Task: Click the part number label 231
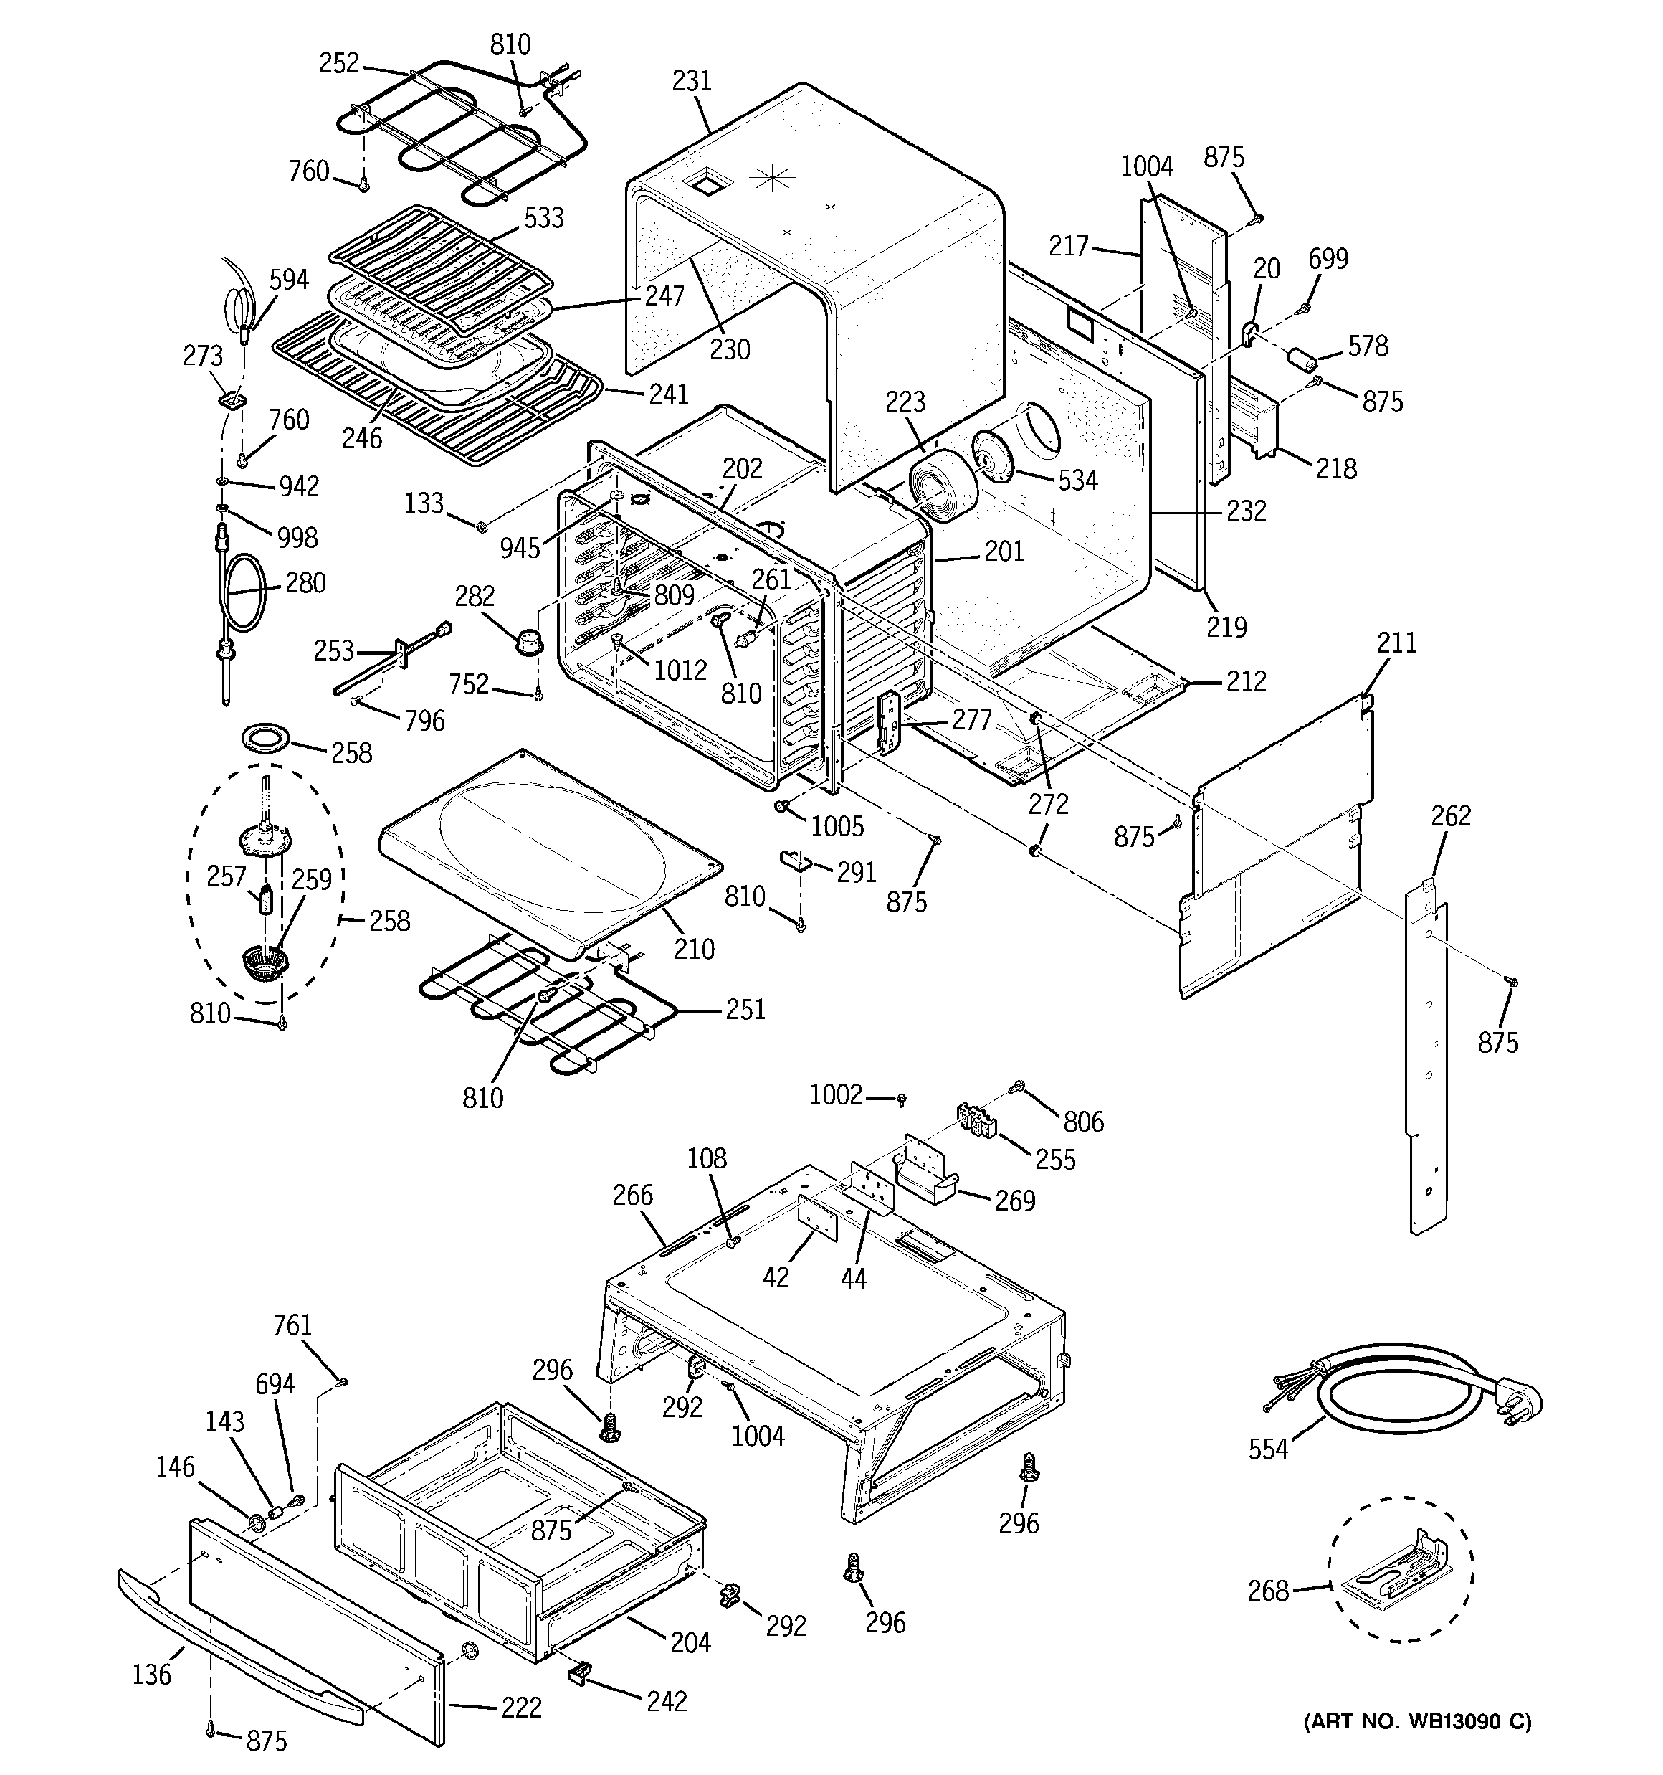coord(692,81)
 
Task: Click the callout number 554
coord(1267,1449)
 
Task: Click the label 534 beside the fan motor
coord(1077,481)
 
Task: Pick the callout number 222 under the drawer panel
coord(520,1708)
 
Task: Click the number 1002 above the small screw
coord(836,1094)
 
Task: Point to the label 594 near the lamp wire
coord(288,280)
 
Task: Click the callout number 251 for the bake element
coord(745,1009)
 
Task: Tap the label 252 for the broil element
coord(339,62)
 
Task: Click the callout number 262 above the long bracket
coord(1451,815)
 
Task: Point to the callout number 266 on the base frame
coord(633,1195)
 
